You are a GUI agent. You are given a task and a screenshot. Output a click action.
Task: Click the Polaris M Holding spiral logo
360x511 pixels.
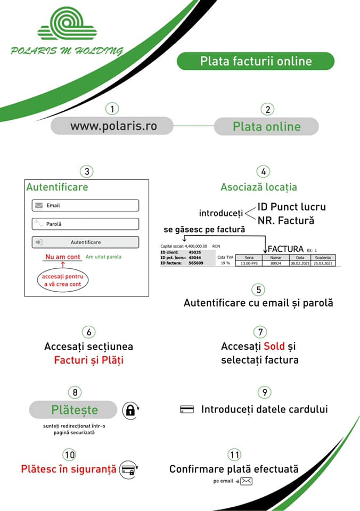tap(67, 24)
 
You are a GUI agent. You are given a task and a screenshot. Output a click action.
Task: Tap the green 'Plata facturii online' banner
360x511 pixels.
tap(256, 61)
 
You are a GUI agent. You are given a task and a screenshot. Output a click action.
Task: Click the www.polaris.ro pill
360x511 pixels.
tap(113, 126)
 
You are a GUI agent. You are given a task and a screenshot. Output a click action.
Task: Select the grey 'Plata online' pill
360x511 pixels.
tap(266, 127)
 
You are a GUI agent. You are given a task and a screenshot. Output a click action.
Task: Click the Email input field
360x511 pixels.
tap(85, 205)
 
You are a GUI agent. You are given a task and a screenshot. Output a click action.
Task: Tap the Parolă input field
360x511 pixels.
tap(85, 224)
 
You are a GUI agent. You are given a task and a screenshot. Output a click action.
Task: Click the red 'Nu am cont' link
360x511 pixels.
tap(63, 257)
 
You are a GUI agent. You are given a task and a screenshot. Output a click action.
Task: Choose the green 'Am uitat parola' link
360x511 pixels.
tap(103, 257)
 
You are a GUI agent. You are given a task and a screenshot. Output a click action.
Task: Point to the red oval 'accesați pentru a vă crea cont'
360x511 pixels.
tap(63, 281)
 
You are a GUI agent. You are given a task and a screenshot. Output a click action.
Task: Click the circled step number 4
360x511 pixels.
tap(263, 171)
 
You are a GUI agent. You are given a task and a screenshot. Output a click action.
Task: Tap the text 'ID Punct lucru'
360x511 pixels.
tap(291, 207)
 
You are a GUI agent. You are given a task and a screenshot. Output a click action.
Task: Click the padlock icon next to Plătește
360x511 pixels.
tap(130, 410)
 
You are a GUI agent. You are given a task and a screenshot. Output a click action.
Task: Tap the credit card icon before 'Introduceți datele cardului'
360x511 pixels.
tap(187, 409)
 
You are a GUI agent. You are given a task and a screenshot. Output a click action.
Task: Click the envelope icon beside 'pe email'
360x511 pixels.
tap(246, 481)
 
